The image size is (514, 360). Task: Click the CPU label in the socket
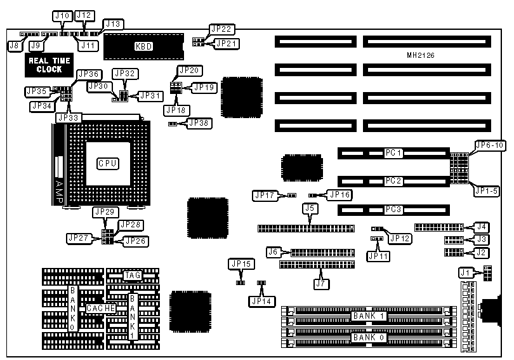(x=107, y=163)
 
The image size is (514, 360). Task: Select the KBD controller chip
(x=143, y=46)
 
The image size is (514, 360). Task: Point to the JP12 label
(x=400, y=238)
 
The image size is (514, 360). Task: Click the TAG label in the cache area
(x=132, y=275)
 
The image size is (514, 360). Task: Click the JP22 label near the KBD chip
(x=222, y=30)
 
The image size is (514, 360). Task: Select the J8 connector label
(x=13, y=45)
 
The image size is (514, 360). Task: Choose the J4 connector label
(x=482, y=226)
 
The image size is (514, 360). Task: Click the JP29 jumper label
(x=105, y=211)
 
